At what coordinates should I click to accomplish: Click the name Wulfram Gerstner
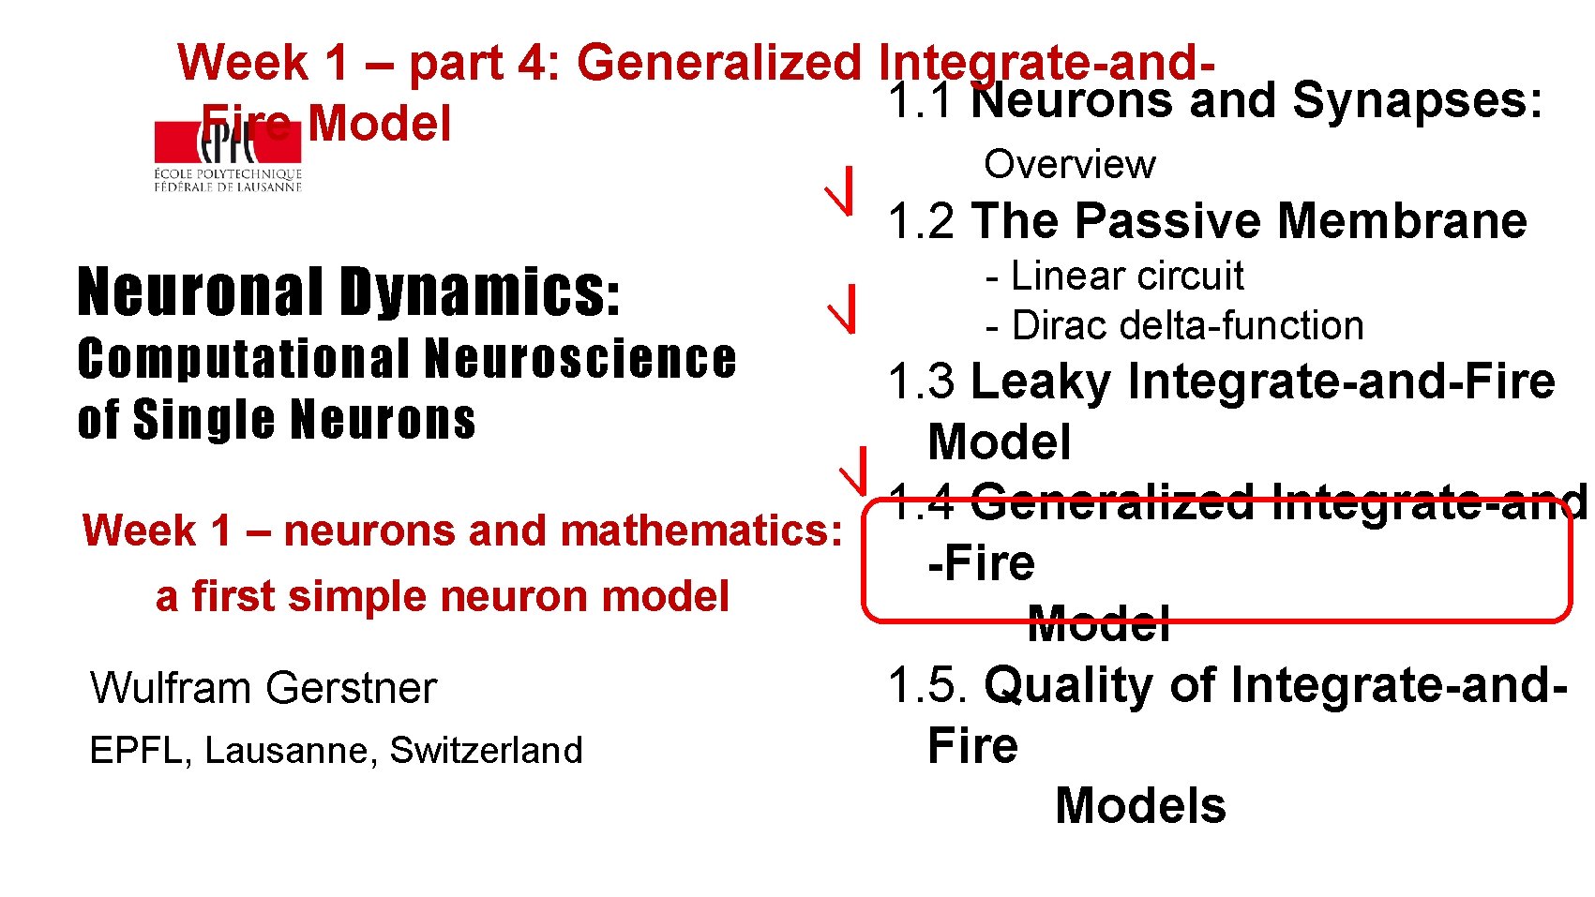263,688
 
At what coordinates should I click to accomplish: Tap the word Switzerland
486,751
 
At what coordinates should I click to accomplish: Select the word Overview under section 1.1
1069,165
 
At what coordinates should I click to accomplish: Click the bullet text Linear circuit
1126,277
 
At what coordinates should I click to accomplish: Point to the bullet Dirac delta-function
1187,326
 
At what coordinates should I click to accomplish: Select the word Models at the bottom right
1139,806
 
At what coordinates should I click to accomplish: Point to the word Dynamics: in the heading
479,292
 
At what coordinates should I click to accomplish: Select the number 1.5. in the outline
928,685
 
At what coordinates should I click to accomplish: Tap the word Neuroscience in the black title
579,360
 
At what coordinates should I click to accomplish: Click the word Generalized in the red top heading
718,63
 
